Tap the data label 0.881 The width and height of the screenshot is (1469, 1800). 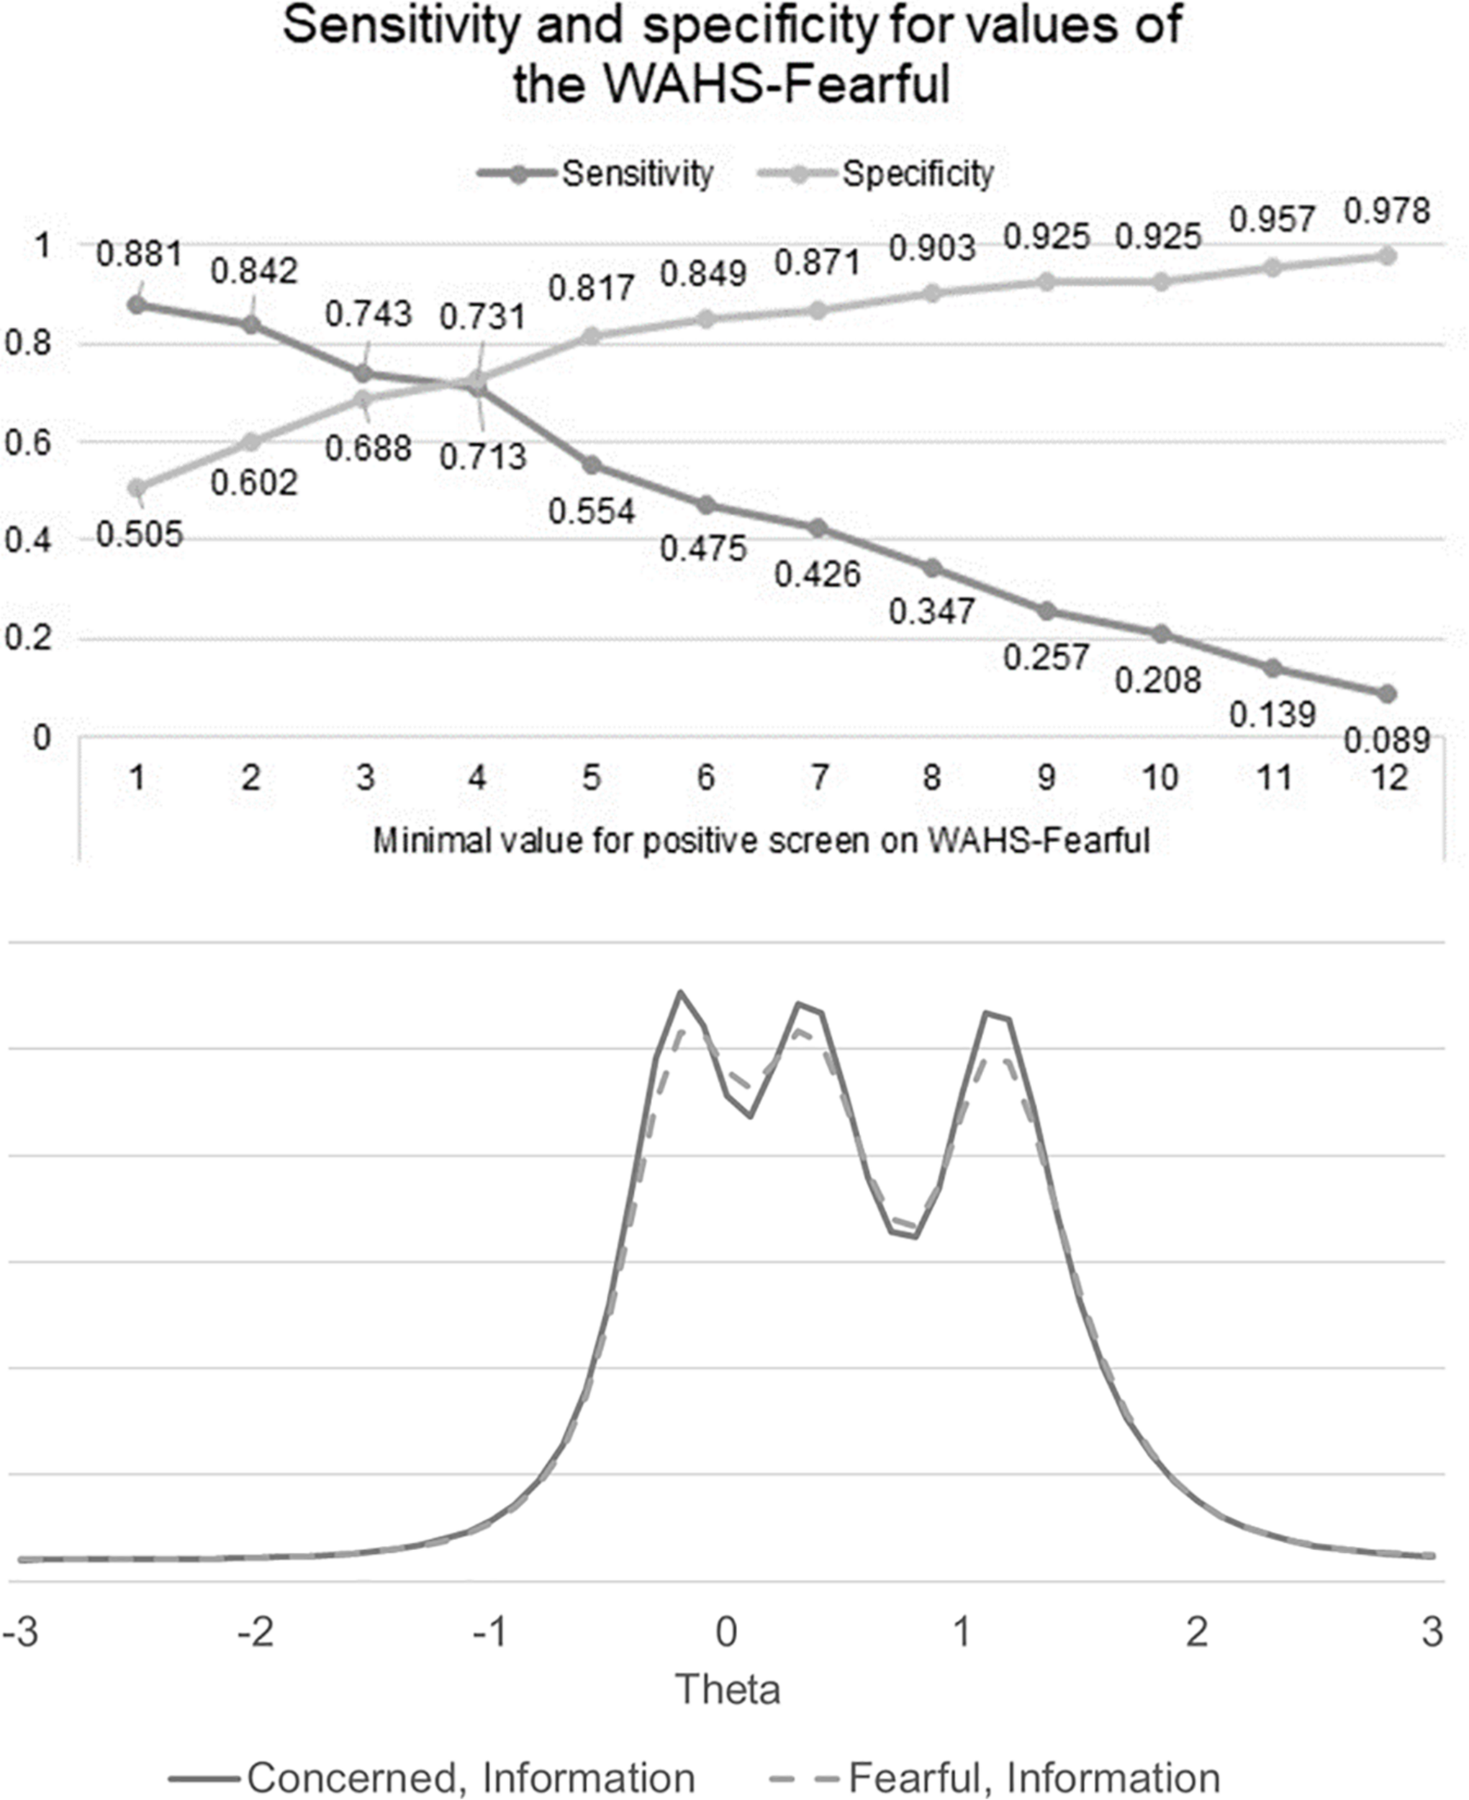coord(140,253)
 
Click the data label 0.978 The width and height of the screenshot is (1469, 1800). coord(1387,211)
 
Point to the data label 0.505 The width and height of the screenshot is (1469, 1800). coord(140,534)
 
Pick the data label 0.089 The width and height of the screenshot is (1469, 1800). coord(1387,742)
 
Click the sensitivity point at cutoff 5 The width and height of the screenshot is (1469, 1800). coord(592,465)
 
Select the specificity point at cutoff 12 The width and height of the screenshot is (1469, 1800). coord(1387,255)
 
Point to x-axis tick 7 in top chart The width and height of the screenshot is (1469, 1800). coord(818,778)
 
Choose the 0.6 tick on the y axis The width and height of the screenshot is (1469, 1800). coord(28,443)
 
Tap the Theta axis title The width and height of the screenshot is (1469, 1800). coord(728,1690)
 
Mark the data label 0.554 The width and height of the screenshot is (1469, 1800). coord(592,511)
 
